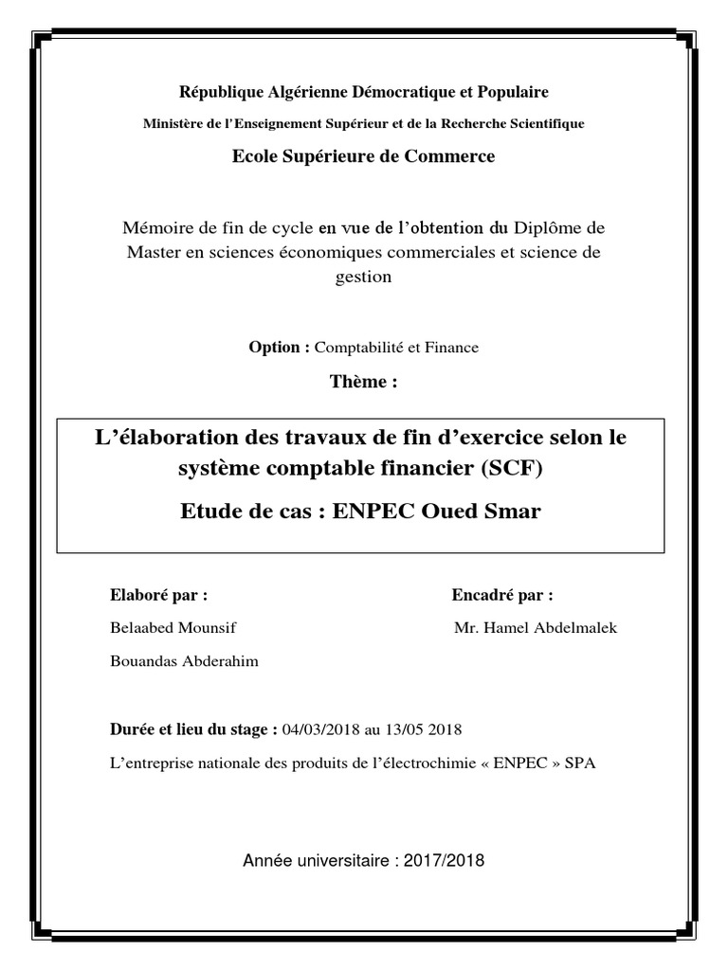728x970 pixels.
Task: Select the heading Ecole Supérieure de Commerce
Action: [x=364, y=156]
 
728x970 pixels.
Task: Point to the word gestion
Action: [x=364, y=277]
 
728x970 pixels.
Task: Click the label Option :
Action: [x=280, y=348]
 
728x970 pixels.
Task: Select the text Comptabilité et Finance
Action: [x=396, y=348]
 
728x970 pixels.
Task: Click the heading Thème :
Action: [x=363, y=382]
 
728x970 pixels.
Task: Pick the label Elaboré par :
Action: [x=159, y=595]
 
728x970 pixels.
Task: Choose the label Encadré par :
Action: [x=502, y=595]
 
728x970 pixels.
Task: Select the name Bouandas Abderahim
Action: [x=184, y=661]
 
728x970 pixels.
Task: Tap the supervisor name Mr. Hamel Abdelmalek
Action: [x=536, y=628]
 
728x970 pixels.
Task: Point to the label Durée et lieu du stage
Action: [x=194, y=729]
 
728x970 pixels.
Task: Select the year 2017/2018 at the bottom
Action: [x=444, y=861]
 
